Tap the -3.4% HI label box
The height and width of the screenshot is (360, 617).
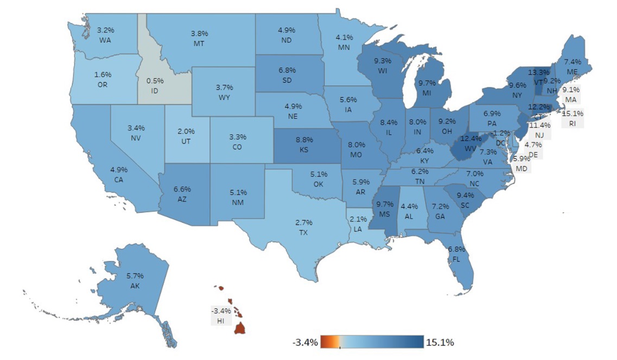tap(221, 315)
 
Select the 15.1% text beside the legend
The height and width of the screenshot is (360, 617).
tap(440, 343)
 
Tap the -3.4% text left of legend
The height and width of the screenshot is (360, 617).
tap(305, 343)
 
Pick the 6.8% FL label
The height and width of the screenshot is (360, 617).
tap(456, 254)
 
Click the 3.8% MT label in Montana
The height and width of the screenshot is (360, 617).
tap(199, 37)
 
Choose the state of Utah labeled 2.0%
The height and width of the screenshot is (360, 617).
tap(186, 135)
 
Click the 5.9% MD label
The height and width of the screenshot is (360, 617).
tap(521, 164)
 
